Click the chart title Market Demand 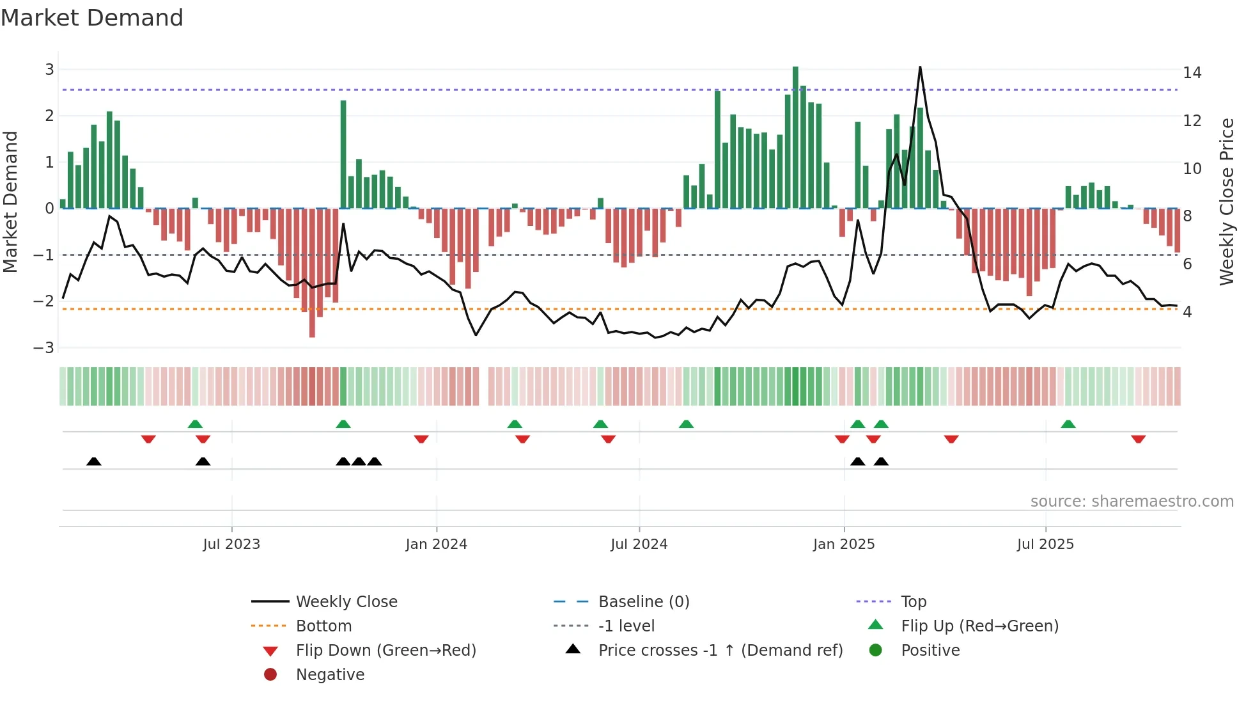[92, 18]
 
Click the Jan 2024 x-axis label [436, 544]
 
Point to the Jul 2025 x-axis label [1045, 544]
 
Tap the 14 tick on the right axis [1192, 73]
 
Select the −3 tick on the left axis [44, 348]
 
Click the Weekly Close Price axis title [1226, 202]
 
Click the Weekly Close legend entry [346, 602]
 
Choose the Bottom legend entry [323, 626]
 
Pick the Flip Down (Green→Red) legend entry [385, 651]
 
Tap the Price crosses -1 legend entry [720, 651]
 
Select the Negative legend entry [330, 675]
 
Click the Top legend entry [913, 602]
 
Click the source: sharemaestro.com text [1132, 502]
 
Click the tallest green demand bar [795, 138]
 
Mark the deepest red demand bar [312, 273]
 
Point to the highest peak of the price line [920, 67]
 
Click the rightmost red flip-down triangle [1138, 439]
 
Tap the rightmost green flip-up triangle [1068, 424]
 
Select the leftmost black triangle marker [94, 461]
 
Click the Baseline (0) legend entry [643, 602]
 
